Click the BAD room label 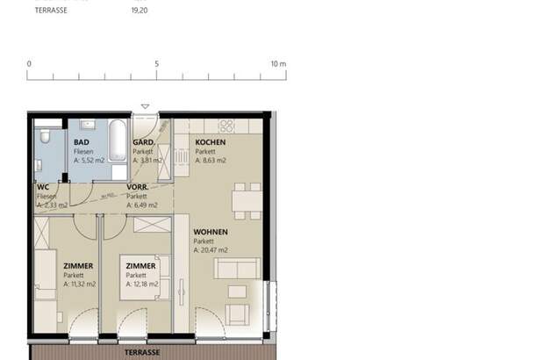[82, 142]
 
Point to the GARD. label [143, 142]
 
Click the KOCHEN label [211, 142]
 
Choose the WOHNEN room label [211, 232]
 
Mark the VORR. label [136, 187]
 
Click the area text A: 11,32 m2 [80, 284]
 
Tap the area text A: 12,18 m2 [142, 284]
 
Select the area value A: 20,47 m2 [211, 250]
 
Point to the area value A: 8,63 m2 [211, 161]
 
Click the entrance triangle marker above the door [146, 106]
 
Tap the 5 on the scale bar [156, 64]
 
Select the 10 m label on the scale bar [278, 64]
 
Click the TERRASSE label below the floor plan [141, 351]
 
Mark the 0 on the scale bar [29, 64]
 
